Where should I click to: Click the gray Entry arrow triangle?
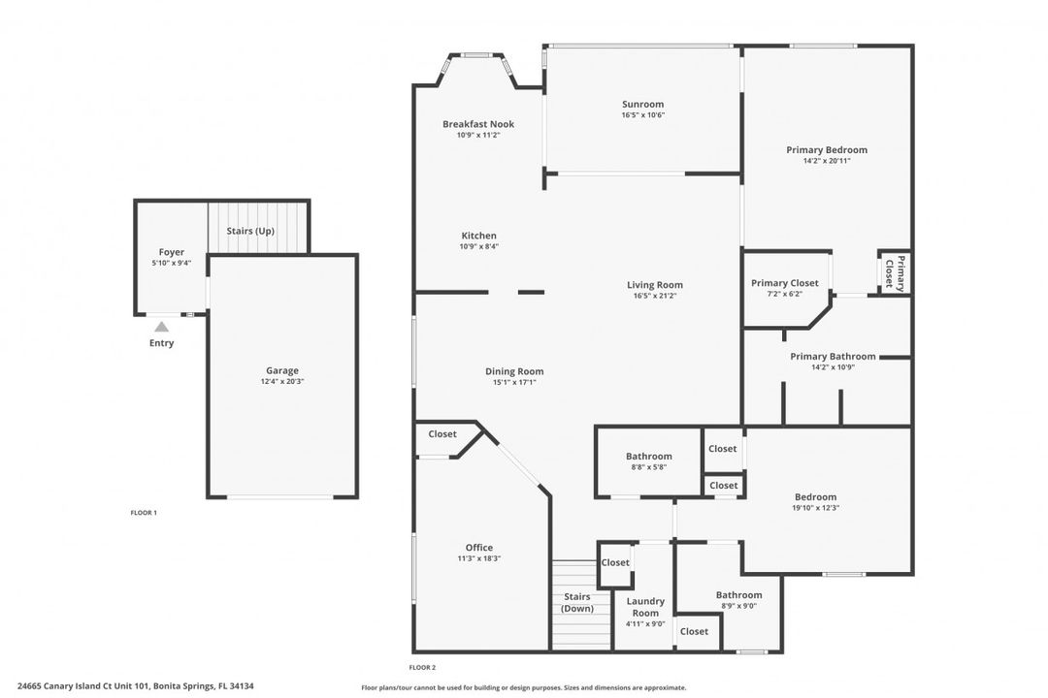coord(162,327)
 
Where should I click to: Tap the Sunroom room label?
coord(643,104)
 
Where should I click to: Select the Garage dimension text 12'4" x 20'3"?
coord(282,381)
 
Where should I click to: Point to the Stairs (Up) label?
coord(250,231)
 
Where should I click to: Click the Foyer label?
coord(171,252)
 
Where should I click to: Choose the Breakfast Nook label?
coord(478,123)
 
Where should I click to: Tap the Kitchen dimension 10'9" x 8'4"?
coord(478,246)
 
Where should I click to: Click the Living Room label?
coord(655,285)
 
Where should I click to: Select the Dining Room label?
coord(514,371)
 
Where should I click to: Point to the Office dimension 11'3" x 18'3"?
coord(479,558)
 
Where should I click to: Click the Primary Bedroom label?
coord(827,149)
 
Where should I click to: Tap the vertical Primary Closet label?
coord(895,273)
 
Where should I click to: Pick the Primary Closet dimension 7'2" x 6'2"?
coord(785,294)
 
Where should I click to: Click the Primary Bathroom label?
coord(833,356)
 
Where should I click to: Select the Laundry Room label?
coord(645,607)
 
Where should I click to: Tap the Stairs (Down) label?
coord(577,602)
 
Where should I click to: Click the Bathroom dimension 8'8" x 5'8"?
coord(649,467)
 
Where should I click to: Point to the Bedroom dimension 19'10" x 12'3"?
coord(815,508)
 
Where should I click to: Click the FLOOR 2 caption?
coord(422,667)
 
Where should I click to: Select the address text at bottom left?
coord(136,686)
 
